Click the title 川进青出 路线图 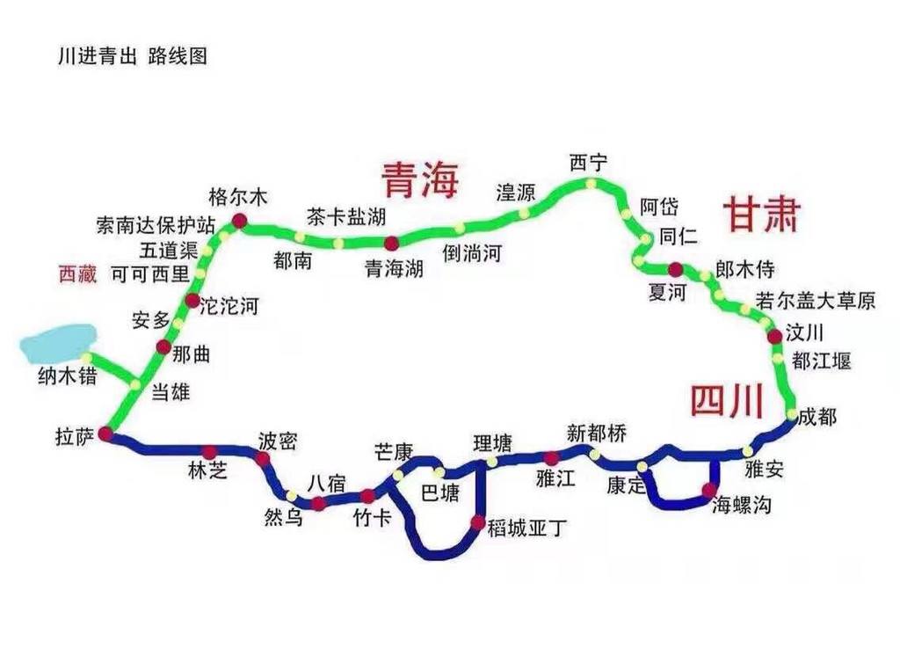point(131,56)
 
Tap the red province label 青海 point(420,179)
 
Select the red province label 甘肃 point(761,215)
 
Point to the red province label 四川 point(725,402)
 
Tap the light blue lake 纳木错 point(58,343)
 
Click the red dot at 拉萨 point(105,434)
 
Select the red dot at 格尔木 point(238,221)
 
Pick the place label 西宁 point(588,163)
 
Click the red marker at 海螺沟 point(709,489)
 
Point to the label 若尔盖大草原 point(816,301)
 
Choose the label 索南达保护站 point(156,225)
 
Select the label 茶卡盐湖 point(345,216)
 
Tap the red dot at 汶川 point(774,336)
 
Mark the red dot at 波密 point(262,458)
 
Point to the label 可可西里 point(149,274)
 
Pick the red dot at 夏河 point(675,269)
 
